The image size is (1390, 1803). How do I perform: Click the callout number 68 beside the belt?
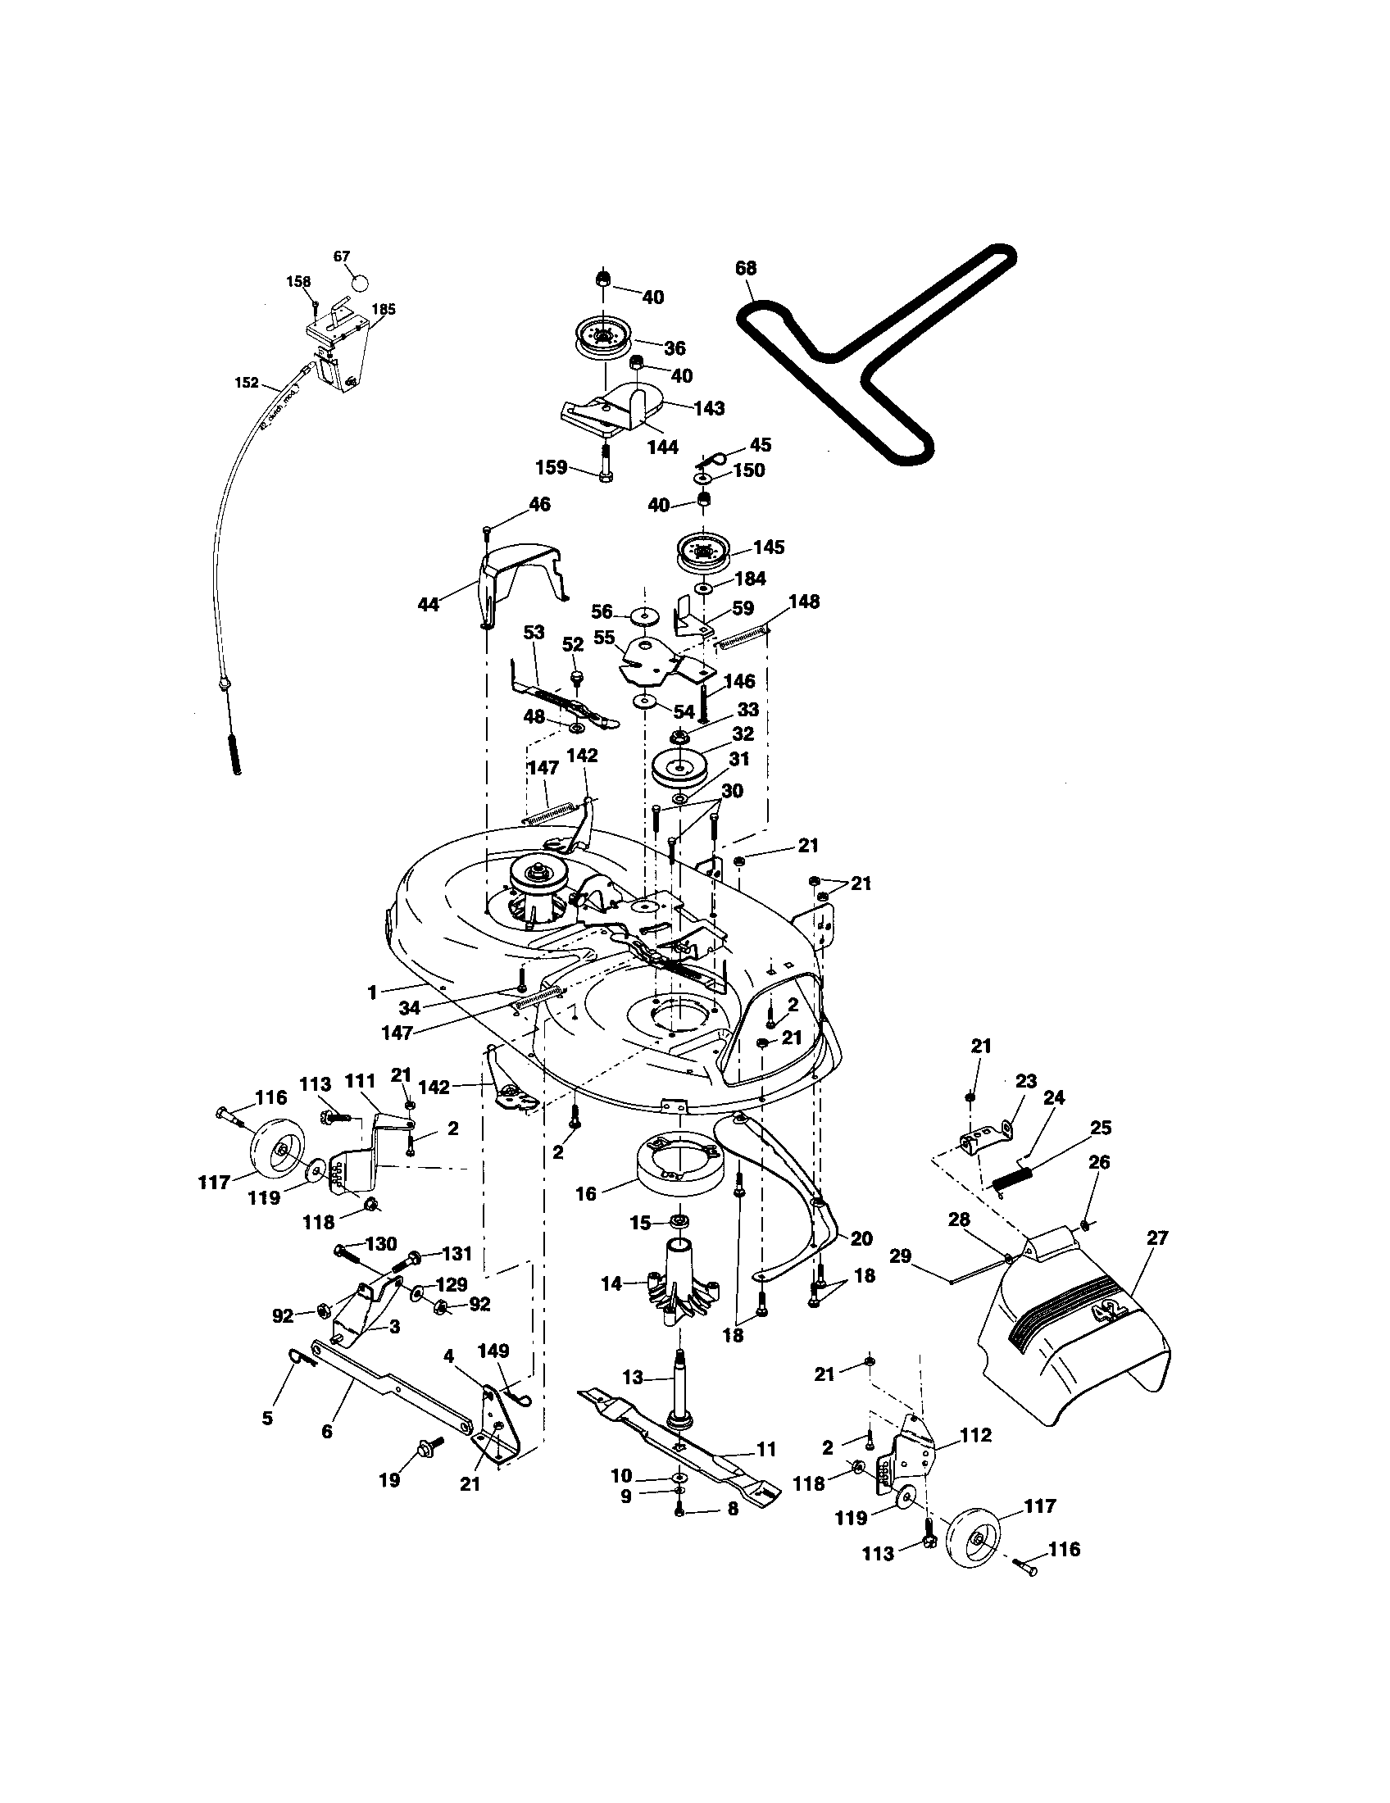pyautogui.click(x=745, y=268)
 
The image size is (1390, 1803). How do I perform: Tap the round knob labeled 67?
pyautogui.click(x=359, y=283)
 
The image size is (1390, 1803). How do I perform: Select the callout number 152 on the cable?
pyautogui.click(x=246, y=383)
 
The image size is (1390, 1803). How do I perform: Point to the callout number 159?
pyautogui.click(x=551, y=467)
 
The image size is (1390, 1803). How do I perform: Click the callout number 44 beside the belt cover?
pyautogui.click(x=428, y=604)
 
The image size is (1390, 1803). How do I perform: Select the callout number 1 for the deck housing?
pyautogui.click(x=372, y=992)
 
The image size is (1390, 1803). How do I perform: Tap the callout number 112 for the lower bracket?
pyautogui.click(x=975, y=1436)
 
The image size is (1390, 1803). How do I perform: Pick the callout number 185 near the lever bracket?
pyautogui.click(x=384, y=310)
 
